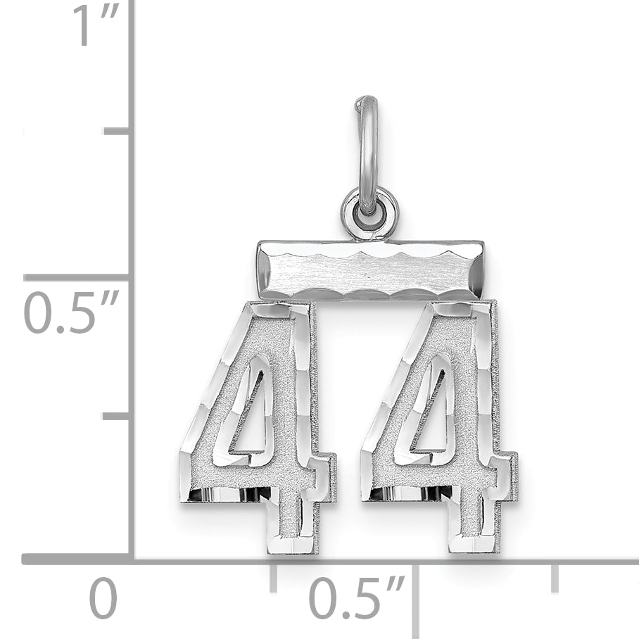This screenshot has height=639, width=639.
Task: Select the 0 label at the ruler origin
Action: click(x=103, y=599)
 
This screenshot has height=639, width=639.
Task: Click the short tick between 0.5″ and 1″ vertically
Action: click(x=117, y=131)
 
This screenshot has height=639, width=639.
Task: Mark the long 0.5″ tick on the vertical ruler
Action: click(x=77, y=277)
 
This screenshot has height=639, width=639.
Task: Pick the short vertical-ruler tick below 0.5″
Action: click(x=117, y=416)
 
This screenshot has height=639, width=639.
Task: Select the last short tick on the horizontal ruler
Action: click(x=555, y=577)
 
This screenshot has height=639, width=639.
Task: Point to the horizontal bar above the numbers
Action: click(x=370, y=270)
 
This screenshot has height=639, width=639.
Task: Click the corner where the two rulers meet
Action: click(x=131, y=559)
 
